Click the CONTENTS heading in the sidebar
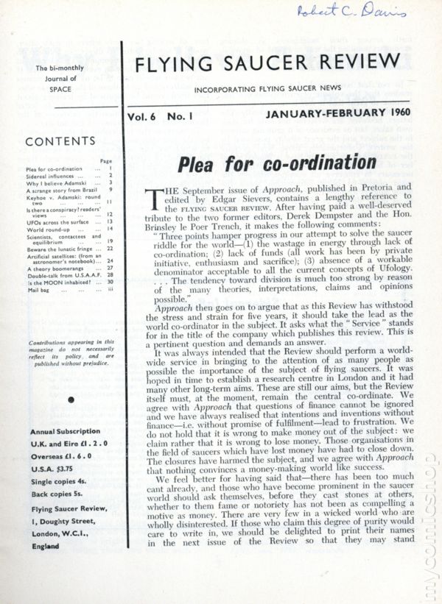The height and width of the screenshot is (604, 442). coord(70,142)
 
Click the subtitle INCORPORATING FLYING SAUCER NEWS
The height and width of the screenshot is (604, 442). coord(267,88)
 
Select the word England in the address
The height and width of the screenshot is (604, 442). coord(46,546)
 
